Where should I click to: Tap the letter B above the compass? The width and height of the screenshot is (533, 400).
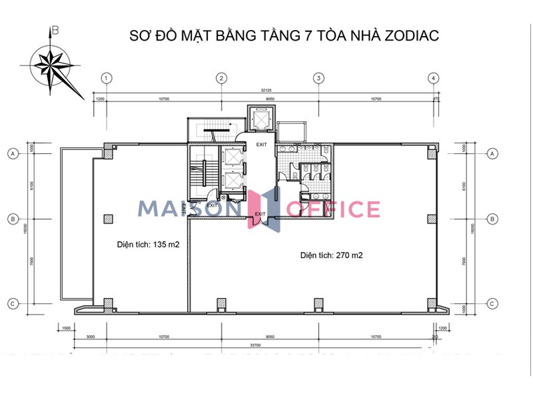tap(56, 30)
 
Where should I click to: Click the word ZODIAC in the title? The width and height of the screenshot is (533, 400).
tap(412, 35)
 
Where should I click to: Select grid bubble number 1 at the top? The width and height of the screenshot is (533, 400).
tap(106, 79)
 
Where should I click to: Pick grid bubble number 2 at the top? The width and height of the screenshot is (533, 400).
tap(221, 79)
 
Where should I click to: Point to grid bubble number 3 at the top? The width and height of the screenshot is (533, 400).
tap(319, 79)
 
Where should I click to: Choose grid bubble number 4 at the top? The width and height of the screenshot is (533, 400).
tap(434, 79)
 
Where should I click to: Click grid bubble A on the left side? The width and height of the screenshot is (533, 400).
tap(11, 154)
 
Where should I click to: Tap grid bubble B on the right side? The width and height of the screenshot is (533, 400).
tap(492, 218)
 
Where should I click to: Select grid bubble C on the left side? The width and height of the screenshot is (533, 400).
tap(11, 303)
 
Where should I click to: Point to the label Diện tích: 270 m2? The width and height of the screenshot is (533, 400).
tap(331, 255)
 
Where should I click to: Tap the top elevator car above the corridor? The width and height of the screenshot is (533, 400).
tap(259, 118)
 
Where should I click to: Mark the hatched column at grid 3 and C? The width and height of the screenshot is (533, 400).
tap(319, 304)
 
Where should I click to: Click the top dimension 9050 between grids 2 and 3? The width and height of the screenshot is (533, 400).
tap(270, 100)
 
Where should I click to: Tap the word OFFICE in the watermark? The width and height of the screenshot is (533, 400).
tap(333, 209)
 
